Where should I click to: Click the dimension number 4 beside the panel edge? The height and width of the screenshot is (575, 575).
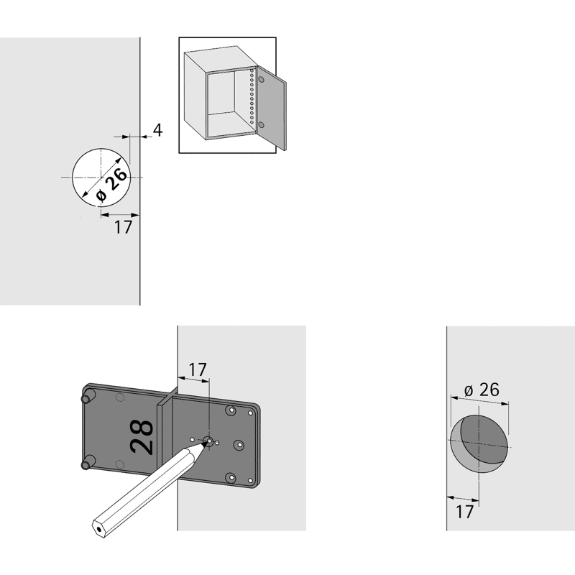(x=157, y=130)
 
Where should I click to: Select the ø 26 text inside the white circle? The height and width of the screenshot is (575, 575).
(x=112, y=185)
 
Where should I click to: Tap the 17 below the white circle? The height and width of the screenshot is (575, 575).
(x=123, y=227)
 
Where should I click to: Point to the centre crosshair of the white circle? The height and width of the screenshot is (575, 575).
(x=101, y=178)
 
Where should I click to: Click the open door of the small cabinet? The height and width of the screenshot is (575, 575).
(x=272, y=108)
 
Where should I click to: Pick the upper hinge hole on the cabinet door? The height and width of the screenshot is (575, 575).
(x=262, y=79)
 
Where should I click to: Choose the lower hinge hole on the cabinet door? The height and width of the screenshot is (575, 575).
(x=262, y=124)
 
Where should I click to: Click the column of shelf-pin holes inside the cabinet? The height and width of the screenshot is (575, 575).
(x=252, y=96)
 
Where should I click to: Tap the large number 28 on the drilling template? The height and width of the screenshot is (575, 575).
(x=142, y=438)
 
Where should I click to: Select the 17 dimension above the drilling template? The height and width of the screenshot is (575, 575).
(x=198, y=369)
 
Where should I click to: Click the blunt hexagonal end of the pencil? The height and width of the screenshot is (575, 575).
(x=98, y=529)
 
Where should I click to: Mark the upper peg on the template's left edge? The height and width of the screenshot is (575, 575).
(x=88, y=397)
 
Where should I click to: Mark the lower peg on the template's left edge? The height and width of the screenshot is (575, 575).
(x=88, y=463)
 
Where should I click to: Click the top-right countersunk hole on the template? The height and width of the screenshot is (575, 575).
(x=231, y=410)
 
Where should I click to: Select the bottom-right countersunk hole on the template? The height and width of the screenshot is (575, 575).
(x=231, y=477)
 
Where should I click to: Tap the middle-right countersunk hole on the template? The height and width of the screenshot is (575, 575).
(x=239, y=445)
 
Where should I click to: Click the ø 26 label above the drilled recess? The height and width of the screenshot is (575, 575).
(x=482, y=390)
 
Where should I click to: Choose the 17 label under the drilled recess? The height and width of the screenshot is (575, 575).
(x=464, y=512)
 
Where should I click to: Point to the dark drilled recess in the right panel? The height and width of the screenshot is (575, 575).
(x=479, y=443)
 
